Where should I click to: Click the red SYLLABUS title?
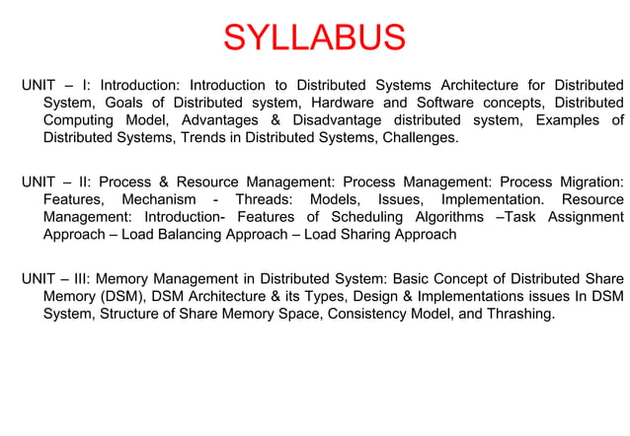(314, 38)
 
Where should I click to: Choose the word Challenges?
(419, 138)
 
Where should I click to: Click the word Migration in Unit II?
(590, 182)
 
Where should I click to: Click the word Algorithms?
(450, 217)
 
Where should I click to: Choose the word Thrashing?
(517, 314)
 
